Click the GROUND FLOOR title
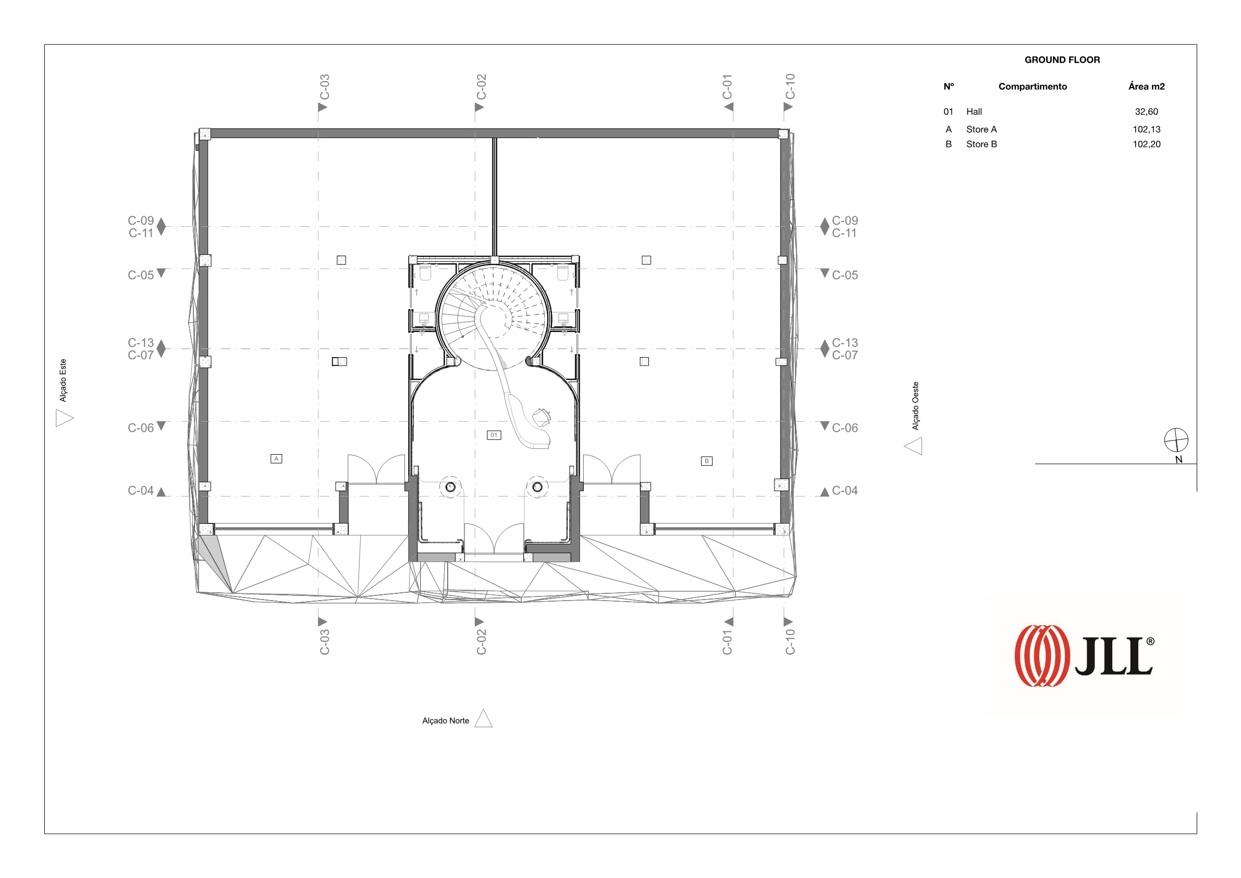1062,60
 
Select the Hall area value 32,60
1147,112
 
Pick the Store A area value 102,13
1147,129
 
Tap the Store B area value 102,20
1147,144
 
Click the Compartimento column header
1033,87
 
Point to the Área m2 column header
1147,87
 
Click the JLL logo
1084,656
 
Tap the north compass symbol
1176,440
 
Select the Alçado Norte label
446,721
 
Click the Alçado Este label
63,381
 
